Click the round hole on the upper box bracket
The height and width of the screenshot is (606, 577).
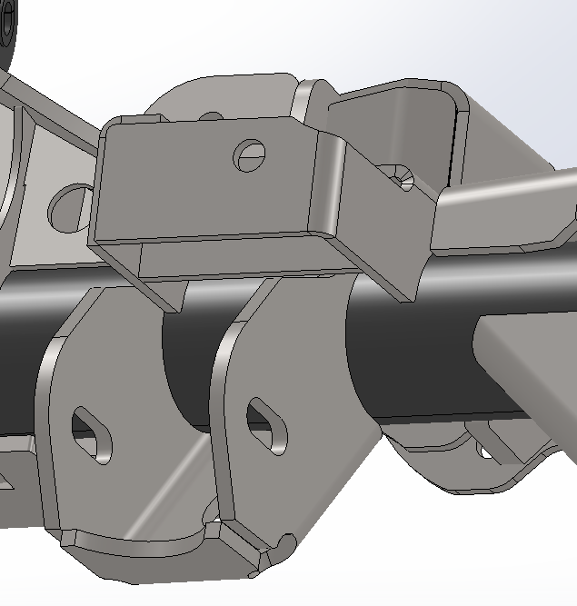coord(249,155)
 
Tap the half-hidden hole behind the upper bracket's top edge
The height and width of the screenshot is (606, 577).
coord(211,116)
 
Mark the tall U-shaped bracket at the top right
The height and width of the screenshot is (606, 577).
coord(400,118)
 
